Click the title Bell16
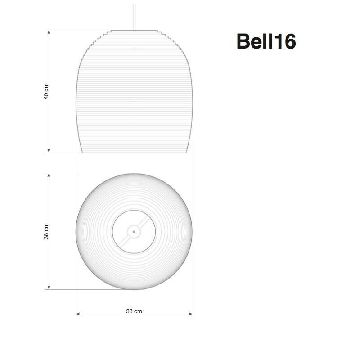[266, 42]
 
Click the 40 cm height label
[46, 91]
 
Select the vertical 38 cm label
[46, 231]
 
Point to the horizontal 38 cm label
[134, 311]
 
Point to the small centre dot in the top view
[134, 232]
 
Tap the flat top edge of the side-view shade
[134, 31]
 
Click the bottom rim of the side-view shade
[134, 153]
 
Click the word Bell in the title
[254, 42]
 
